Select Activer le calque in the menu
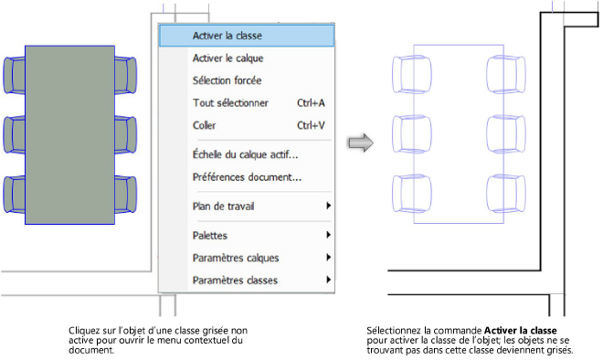[x=227, y=58]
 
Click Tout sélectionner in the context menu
[x=229, y=102]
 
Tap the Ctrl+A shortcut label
[x=311, y=102]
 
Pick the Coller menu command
[x=205, y=124]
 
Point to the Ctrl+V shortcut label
[x=311, y=124]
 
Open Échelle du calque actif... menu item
[x=245, y=154]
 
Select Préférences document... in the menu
[x=247, y=176]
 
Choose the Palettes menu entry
[x=210, y=235]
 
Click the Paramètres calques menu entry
[x=236, y=258]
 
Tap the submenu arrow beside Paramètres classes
[x=328, y=280]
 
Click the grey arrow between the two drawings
[x=362, y=143]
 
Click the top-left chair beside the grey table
[x=16, y=72]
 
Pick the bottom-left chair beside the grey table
[x=16, y=193]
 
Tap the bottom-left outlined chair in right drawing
[x=405, y=193]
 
